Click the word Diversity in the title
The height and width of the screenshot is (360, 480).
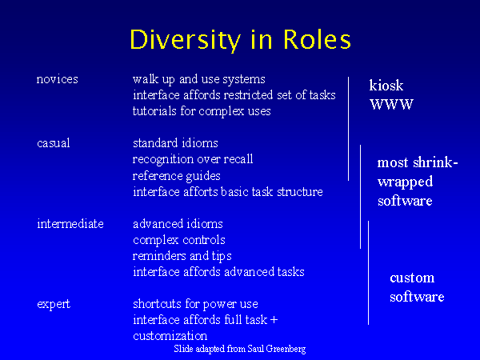pyautogui.click(x=186, y=41)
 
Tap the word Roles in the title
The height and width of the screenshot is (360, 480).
pyautogui.click(x=316, y=39)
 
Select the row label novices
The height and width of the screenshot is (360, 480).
pyautogui.click(x=58, y=79)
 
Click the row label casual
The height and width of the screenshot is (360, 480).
pyautogui.click(x=54, y=143)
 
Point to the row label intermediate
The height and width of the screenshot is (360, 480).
pyautogui.click(x=70, y=224)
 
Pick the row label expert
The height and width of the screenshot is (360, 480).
pyautogui.click(x=54, y=304)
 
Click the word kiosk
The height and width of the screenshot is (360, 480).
pyautogui.click(x=386, y=85)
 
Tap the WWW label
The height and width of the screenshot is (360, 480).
pyautogui.click(x=391, y=104)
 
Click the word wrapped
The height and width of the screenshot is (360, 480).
pyautogui.click(x=406, y=182)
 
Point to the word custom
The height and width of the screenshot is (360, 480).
pyautogui.click(x=412, y=278)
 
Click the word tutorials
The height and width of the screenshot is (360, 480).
pyautogui.click(x=154, y=111)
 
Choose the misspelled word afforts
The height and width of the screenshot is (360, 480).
pyautogui.click(x=201, y=192)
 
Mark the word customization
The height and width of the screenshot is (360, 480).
pyautogui.click(x=170, y=336)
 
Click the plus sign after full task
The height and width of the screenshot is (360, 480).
pyautogui.click(x=274, y=320)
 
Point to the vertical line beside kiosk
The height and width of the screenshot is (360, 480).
pyautogui.click(x=348, y=129)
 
